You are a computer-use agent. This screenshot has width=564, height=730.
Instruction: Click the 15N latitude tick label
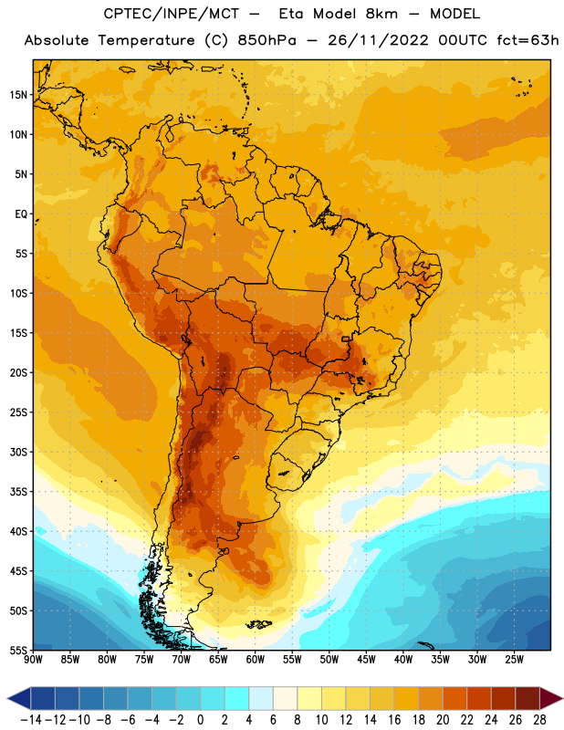(x=18, y=95)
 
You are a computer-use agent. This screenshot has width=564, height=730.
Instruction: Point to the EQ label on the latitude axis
(x=21, y=214)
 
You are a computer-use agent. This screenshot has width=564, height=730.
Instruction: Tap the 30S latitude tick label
(x=18, y=452)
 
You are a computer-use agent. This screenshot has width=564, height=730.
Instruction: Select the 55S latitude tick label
(x=18, y=650)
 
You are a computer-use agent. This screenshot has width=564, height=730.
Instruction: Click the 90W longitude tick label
(x=33, y=660)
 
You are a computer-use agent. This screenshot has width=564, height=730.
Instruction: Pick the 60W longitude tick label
(x=256, y=660)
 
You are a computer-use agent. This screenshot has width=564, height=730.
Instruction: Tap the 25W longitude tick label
(x=514, y=660)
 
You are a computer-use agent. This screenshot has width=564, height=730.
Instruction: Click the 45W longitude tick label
(x=366, y=660)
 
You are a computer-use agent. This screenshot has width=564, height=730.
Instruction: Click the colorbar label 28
(x=539, y=720)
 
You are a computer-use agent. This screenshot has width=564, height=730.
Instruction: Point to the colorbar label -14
(x=31, y=720)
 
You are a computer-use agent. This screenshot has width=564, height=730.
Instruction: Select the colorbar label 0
(x=200, y=720)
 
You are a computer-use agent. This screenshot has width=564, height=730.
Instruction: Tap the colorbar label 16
(x=394, y=720)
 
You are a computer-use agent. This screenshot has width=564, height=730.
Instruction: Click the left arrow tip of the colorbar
(x=7, y=698)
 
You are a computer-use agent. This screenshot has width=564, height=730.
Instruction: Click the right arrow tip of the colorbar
(x=562, y=698)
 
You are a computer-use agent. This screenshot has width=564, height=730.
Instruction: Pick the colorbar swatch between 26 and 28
(x=527, y=698)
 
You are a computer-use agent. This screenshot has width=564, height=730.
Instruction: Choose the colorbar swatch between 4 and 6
(x=261, y=698)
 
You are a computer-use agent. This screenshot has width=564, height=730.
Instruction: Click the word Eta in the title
(x=291, y=14)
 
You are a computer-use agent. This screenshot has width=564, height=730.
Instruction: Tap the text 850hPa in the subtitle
(x=266, y=40)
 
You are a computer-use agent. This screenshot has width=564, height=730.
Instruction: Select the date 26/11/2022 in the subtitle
(x=378, y=40)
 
